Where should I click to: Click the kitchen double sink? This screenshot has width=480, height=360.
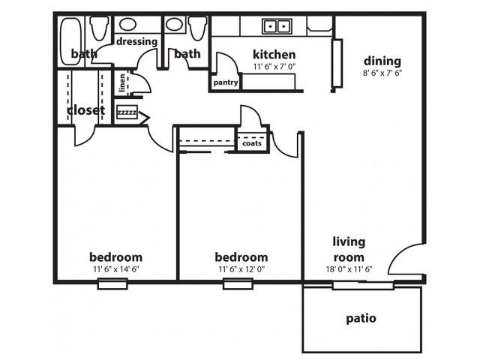click(x=276, y=27)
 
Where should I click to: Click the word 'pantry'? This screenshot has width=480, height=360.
click(x=225, y=82)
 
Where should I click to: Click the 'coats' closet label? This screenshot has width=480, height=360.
click(x=251, y=142)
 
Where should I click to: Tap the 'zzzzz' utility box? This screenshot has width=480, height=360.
click(x=127, y=112)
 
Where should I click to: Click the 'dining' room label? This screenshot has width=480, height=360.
click(x=382, y=61)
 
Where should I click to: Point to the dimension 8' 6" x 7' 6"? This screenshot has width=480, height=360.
click(x=382, y=73)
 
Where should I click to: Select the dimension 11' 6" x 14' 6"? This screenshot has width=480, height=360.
click(x=115, y=268)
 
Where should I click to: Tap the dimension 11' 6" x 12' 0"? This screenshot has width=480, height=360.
click(x=241, y=268)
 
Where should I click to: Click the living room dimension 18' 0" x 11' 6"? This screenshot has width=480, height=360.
click(x=349, y=268)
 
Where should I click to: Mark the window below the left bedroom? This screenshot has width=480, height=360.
click(x=112, y=283)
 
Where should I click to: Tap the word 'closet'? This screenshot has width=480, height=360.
click(x=85, y=110)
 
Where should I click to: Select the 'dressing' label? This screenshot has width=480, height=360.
click(x=137, y=42)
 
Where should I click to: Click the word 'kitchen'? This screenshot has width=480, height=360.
click(x=274, y=54)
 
